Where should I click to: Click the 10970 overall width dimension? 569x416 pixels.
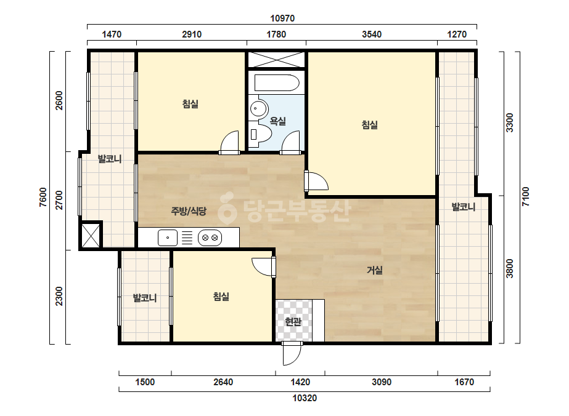point(282,18)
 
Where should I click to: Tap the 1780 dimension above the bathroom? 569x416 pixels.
point(276,34)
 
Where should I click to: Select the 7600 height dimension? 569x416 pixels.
point(43,197)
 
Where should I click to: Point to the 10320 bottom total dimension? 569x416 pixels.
point(305,398)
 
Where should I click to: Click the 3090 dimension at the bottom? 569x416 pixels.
point(382,382)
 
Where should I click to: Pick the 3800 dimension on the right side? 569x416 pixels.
point(510,268)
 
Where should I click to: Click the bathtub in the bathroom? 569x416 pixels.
point(277,83)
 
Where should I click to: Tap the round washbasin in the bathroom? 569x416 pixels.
point(258,108)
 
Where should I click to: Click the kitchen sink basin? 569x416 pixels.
point(168,238)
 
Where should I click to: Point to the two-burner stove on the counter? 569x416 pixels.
point(210,238)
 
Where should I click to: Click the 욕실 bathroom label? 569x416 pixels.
point(277,121)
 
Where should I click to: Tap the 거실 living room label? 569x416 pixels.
point(374,270)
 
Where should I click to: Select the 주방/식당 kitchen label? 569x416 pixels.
point(189,211)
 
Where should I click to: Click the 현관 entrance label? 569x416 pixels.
point(293,321)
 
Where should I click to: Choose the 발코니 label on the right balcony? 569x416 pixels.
point(464,207)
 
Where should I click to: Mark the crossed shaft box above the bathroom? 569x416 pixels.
point(276,60)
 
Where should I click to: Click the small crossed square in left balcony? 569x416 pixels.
point(91,236)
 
